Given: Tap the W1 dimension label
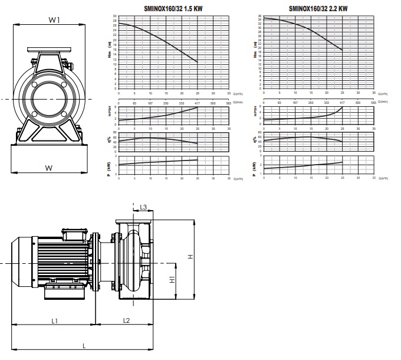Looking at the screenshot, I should click(55, 20).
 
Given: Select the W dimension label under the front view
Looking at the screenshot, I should click(49, 168).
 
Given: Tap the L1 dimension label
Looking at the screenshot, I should click(54, 321).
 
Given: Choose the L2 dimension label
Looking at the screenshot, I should click(126, 320).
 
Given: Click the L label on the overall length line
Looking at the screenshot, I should click(84, 345).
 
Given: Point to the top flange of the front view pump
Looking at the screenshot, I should click(48, 50).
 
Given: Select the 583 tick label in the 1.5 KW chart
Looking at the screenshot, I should click(229, 102).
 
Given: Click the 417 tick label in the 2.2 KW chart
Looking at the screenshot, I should click(342, 102).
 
